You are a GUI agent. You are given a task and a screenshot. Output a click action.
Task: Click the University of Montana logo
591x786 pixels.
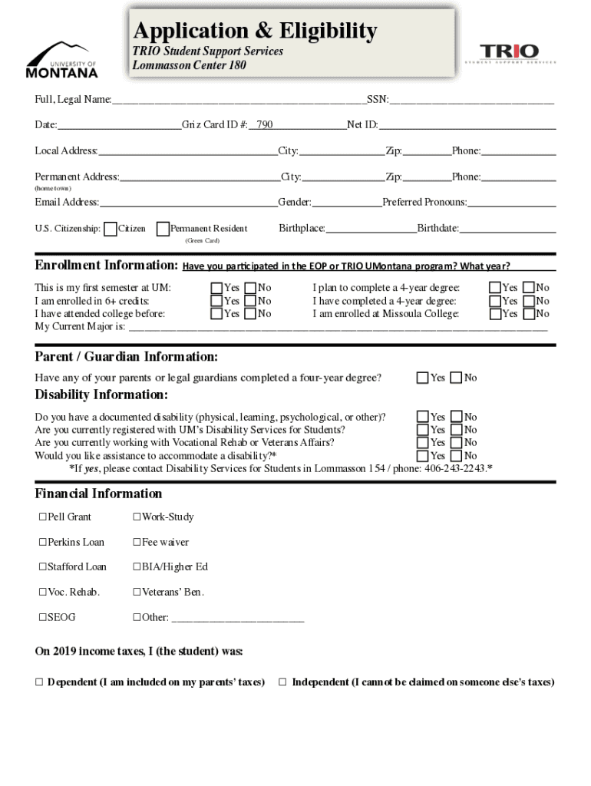click(62, 60)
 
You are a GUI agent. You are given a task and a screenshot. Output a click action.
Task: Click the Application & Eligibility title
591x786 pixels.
click(255, 31)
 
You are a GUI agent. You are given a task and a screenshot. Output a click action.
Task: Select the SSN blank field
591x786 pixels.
click(471, 100)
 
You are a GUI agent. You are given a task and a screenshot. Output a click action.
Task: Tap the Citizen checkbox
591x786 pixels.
click(111, 229)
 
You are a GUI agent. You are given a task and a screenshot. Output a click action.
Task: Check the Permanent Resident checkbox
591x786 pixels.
click(163, 229)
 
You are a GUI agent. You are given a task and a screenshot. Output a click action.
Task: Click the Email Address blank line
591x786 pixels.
click(188, 203)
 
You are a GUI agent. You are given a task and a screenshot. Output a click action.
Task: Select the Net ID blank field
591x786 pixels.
click(467, 125)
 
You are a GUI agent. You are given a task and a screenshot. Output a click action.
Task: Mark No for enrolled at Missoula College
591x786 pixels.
click(529, 313)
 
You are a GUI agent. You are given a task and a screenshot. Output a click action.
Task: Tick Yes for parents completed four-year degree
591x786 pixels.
click(422, 378)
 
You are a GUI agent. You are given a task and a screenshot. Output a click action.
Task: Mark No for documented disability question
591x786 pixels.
click(456, 418)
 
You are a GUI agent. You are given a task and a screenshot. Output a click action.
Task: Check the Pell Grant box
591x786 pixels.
click(43, 517)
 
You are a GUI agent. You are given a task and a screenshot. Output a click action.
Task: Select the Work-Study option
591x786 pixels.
click(137, 517)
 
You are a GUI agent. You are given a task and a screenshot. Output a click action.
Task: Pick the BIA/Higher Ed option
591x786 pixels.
click(137, 567)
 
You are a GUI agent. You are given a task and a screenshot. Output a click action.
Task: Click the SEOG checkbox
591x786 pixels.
click(43, 617)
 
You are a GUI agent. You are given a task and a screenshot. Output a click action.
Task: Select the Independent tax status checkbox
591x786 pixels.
click(282, 682)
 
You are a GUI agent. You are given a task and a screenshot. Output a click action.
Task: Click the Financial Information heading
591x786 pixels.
click(98, 494)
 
